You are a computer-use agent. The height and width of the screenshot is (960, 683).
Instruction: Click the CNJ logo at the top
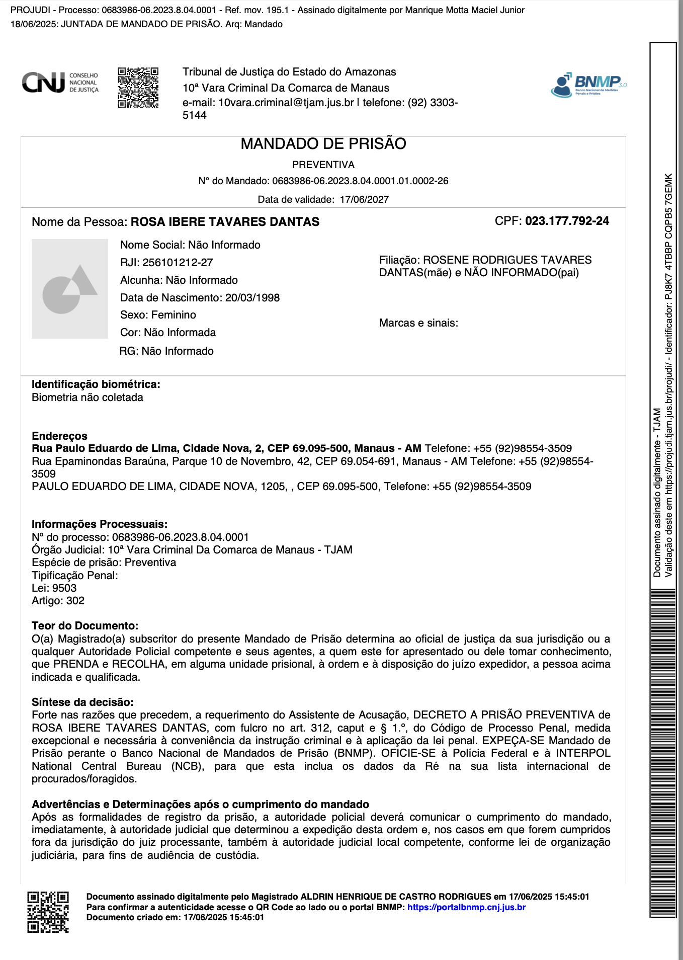coord(59,83)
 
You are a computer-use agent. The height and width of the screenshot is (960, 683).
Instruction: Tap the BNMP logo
coord(588,84)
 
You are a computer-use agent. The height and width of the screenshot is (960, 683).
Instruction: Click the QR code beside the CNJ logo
coord(138,88)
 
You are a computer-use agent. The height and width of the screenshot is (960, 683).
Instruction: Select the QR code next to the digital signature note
coord(48,912)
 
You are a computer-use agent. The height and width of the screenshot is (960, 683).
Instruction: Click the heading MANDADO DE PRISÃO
coord(323,144)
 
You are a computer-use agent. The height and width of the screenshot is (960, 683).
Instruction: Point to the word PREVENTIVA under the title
coord(323,165)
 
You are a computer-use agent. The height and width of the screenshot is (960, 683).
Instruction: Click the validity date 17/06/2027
coord(364,200)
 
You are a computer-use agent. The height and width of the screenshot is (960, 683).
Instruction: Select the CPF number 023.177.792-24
coord(567,221)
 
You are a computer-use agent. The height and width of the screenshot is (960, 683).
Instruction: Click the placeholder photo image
coord(69,288)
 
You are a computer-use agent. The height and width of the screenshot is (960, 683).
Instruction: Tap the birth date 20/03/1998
coord(252,298)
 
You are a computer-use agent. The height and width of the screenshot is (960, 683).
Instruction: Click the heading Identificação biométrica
coord(96,384)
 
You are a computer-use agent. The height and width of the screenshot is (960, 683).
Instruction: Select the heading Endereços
coord(59,436)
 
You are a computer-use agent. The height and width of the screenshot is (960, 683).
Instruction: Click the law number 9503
coord(64,588)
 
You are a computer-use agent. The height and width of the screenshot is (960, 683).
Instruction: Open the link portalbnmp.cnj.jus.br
coord(466,907)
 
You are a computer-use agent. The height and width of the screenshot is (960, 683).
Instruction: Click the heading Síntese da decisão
coord(82,702)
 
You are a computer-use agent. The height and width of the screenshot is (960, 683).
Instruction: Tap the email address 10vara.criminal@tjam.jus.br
coord(286,103)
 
